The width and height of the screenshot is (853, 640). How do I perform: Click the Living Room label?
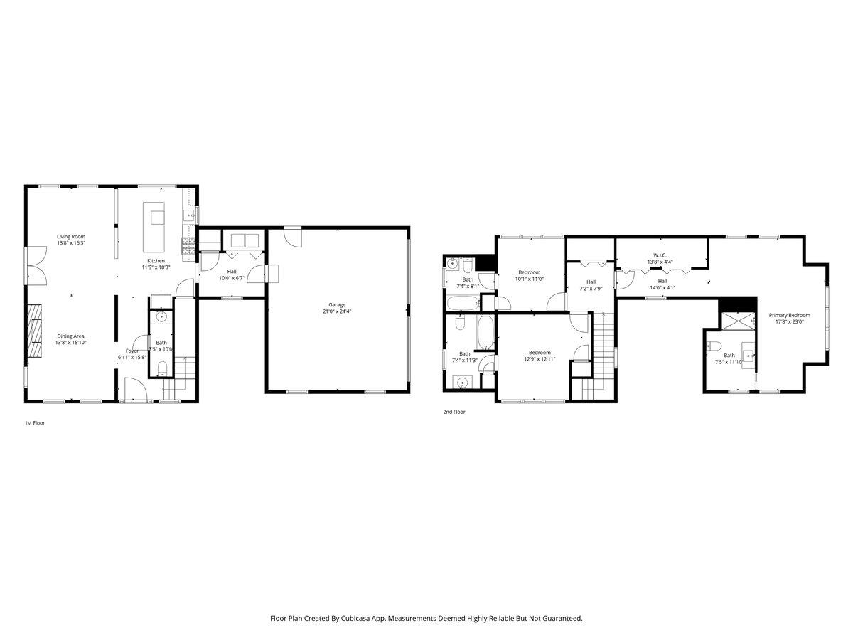(x=71, y=236)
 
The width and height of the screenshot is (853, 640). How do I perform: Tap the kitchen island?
(x=154, y=226)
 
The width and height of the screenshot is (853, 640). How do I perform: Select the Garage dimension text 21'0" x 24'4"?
(x=337, y=311)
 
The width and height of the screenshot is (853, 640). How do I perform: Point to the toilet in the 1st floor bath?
(x=162, y=367)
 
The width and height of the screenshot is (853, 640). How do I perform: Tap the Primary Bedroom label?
(x=789, y=315)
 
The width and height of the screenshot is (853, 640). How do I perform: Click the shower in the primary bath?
(x=737, y=321)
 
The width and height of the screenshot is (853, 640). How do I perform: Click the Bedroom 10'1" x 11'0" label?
(x=529, y=272)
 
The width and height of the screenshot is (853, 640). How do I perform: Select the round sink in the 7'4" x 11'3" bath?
(x=463, y=383)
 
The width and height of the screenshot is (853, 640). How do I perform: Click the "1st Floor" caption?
(x=35, y=422)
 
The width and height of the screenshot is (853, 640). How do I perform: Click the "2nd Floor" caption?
(x=454, y=411)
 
